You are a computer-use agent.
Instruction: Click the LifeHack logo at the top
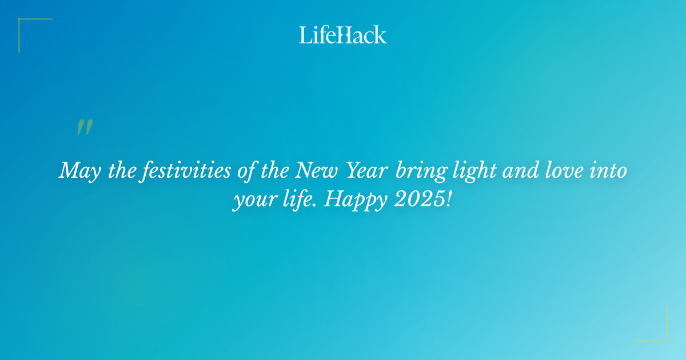(342, 35)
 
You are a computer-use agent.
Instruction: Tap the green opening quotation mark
(84, 127)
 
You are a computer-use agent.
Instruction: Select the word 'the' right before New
(277, 171)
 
